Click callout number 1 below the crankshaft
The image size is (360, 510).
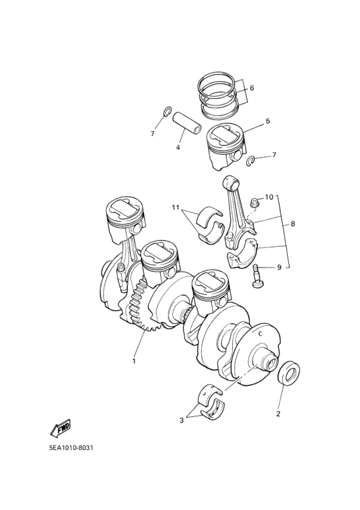point(134,361)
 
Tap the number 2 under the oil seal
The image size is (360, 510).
point(278,414)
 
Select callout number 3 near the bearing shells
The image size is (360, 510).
point(182,421)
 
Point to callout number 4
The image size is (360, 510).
point(177,147)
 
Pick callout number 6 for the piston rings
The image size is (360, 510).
point(252,87)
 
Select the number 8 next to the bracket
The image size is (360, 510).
point(292,224)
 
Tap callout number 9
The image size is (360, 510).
point(279,267)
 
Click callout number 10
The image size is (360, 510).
point(269,196)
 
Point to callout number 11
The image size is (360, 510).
point(175,207)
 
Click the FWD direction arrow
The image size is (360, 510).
point(60,428)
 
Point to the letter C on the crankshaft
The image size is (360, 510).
point(261,335)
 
